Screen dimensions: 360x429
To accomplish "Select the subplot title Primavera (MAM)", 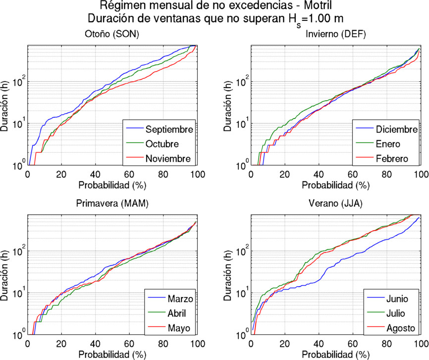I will pos(112,204).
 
